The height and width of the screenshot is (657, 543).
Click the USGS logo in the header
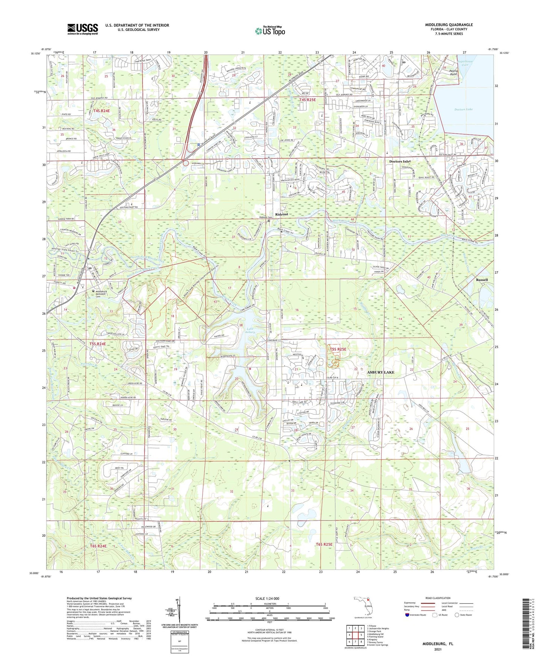coord(83,29)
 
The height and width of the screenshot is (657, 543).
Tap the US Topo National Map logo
coord(269,31)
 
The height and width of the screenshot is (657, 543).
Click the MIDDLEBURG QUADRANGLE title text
coord(449,25)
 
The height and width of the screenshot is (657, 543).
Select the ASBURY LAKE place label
coord(381,372)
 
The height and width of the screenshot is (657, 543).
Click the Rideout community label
coord(281,214)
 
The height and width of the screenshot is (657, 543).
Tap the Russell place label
coord(482,280)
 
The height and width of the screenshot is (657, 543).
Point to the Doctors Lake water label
coord(463,109)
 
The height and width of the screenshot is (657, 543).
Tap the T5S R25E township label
coord(338,349)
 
